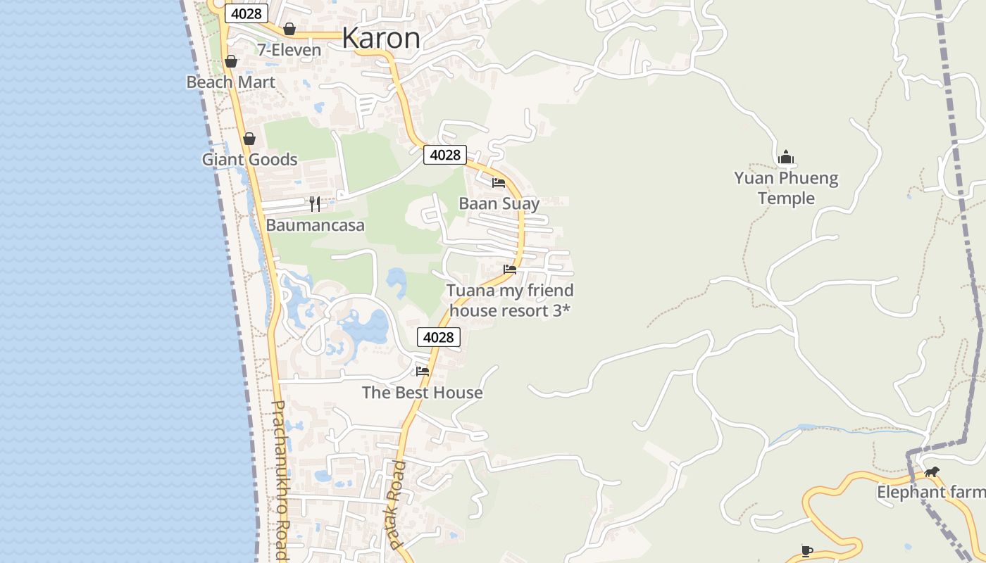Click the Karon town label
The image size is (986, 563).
coord(381,38)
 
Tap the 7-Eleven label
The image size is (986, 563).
coord(289,50)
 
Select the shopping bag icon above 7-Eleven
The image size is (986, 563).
coord(289,29)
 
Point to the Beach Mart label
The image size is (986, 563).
coord(230,82)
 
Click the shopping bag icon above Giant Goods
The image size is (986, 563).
coord(249,139)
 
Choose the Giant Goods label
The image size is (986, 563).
coord(249,160)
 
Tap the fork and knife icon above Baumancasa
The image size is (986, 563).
coord(315,204)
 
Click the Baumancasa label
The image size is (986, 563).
coord(315,225)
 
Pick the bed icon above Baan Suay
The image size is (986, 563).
coord(499,183)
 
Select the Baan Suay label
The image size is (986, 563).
coord(499,204)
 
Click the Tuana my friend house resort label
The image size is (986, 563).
coord(510,301)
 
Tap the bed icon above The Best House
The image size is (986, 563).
coord(423,371)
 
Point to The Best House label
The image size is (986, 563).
coord(423,393)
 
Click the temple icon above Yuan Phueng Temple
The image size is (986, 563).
coord(786,157)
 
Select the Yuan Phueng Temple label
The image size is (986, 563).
coord(786,189)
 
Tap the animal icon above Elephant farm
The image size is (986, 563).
coord(932,472)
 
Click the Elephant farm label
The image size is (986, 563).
coord(930,493)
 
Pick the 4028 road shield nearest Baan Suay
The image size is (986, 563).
coord(445,155)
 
